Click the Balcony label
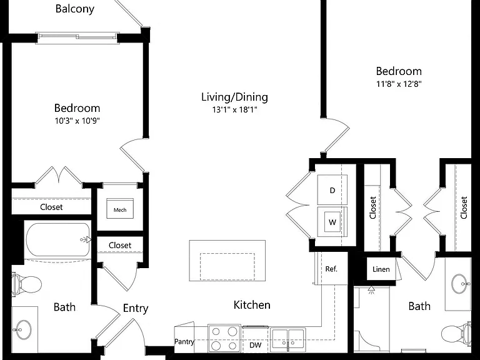pyautogui.click(x=75, y=9)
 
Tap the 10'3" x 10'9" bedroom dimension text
pyautogui.click(x=77, y=121)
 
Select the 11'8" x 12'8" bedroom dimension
pyautogui.click(x=399, y=84)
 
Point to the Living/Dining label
pyautogui.click(x=234, y=97)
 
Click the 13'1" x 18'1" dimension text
pyautogui.click(x=235, y=109)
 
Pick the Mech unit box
pyautogui.click(x=120, y=209)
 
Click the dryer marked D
pyautogui.click(x=332, y=190)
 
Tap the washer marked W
pyautogui.click(x=332, y=222)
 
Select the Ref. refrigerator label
pyautogui.click(x=331, y=269)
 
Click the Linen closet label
pyautogui.click(x=381, y=269)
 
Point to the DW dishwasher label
pyautogui.click(x=255, y=345)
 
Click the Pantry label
pyautogui.click(x=184, y=342)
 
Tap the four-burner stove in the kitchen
pyautogui.click(x=224, y=338)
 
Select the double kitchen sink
pyautogui.click(x=287, y=339)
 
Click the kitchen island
pyautogui.click(x=227, y=261)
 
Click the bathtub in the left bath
pyautogui.click(x=58, y=240)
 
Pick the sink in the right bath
pyautogui.click(x=461, y=284)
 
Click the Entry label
pyautogui.click(x=136, y=309)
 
